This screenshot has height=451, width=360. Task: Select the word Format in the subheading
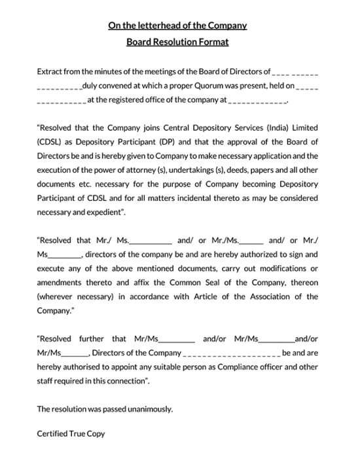pos(212,43)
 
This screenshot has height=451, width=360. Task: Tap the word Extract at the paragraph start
pos(51,71)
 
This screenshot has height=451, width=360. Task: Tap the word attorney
pos(152,170)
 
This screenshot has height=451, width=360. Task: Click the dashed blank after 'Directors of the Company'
pos(232,353)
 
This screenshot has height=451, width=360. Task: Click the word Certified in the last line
pos(52,433)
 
